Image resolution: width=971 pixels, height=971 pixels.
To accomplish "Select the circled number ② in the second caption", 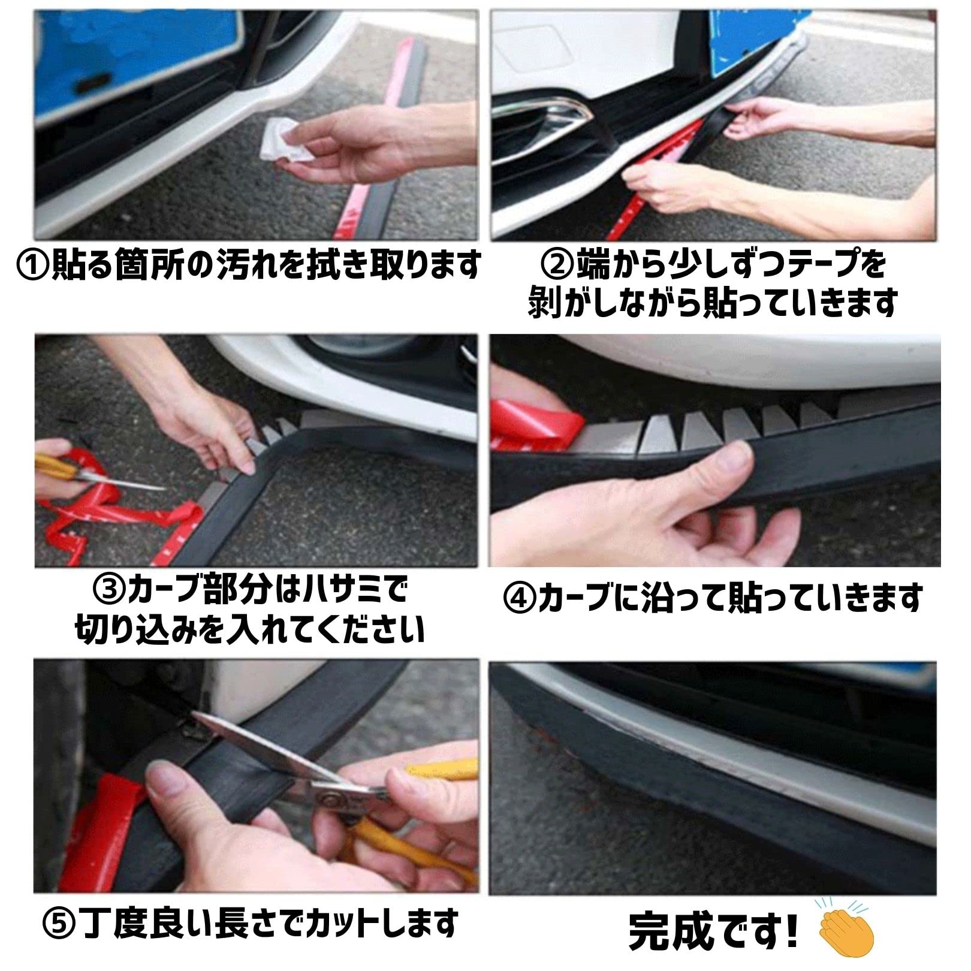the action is pyautogui.click(x=557, y=264).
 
